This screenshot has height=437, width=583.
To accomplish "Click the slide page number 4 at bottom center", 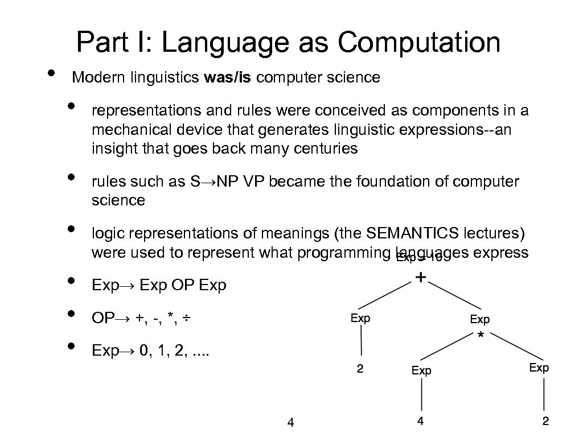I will coord(290,422).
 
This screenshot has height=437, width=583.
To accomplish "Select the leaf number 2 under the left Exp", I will coord(360,369).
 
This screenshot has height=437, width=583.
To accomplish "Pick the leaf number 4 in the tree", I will coord(420,422).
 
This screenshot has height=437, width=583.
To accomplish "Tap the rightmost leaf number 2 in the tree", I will coord(545,422).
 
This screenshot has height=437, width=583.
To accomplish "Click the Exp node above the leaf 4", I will coord(421,371).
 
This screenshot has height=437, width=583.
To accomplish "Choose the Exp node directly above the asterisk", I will coord(479,320).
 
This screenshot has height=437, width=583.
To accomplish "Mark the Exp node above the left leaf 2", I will coord(360,318).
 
